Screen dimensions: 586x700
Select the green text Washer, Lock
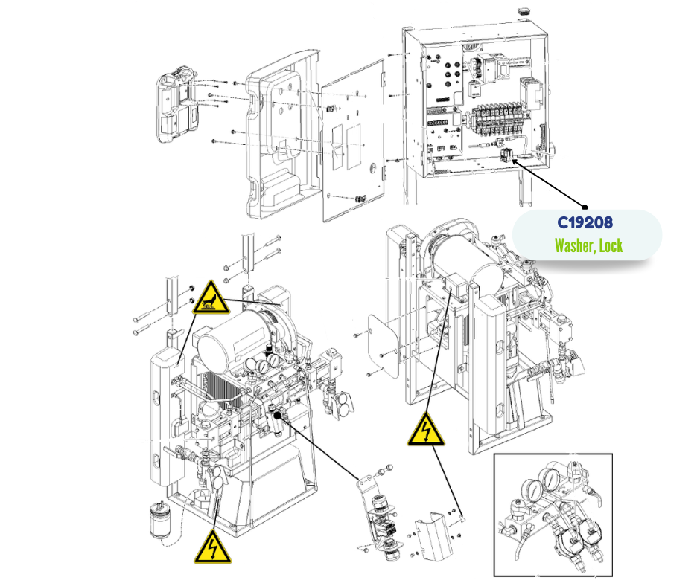point(588,245)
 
